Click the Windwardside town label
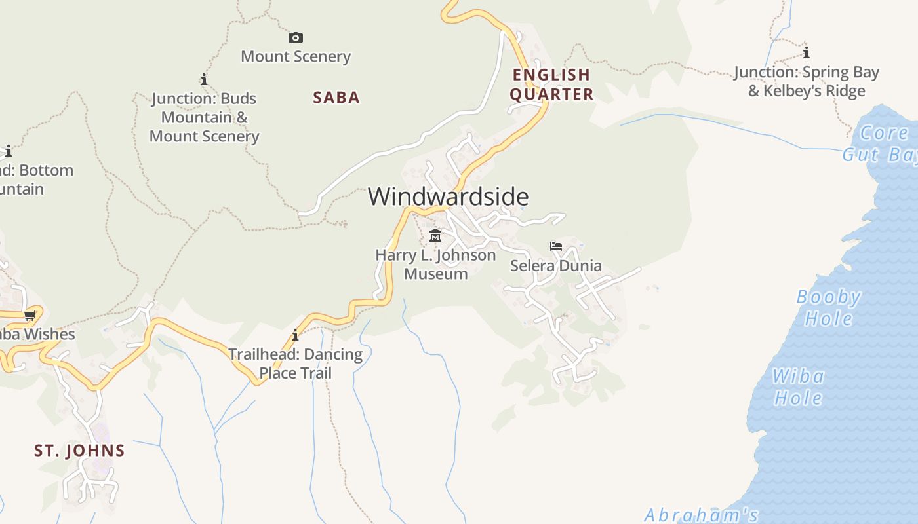(448, 196)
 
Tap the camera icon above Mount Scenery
(296, 38)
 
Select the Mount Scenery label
(296, 56)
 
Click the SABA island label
(336, 98)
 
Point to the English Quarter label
(551, 84)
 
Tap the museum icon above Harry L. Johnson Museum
(435, 235)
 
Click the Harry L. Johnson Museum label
(435, 264)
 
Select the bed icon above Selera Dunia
(556, 246)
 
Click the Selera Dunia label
(556, 265)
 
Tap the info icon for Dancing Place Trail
(295, 335)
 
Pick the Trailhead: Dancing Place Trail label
(296, 364)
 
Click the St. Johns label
(79, 451)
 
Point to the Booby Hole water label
(829, 308)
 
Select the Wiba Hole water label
(798, 387)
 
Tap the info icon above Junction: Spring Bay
(806, 52)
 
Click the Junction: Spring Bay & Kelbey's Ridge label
(807, 81)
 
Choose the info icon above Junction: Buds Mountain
(204, 80)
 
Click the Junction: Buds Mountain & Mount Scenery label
(205, 117)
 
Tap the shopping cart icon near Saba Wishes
(30, 316)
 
